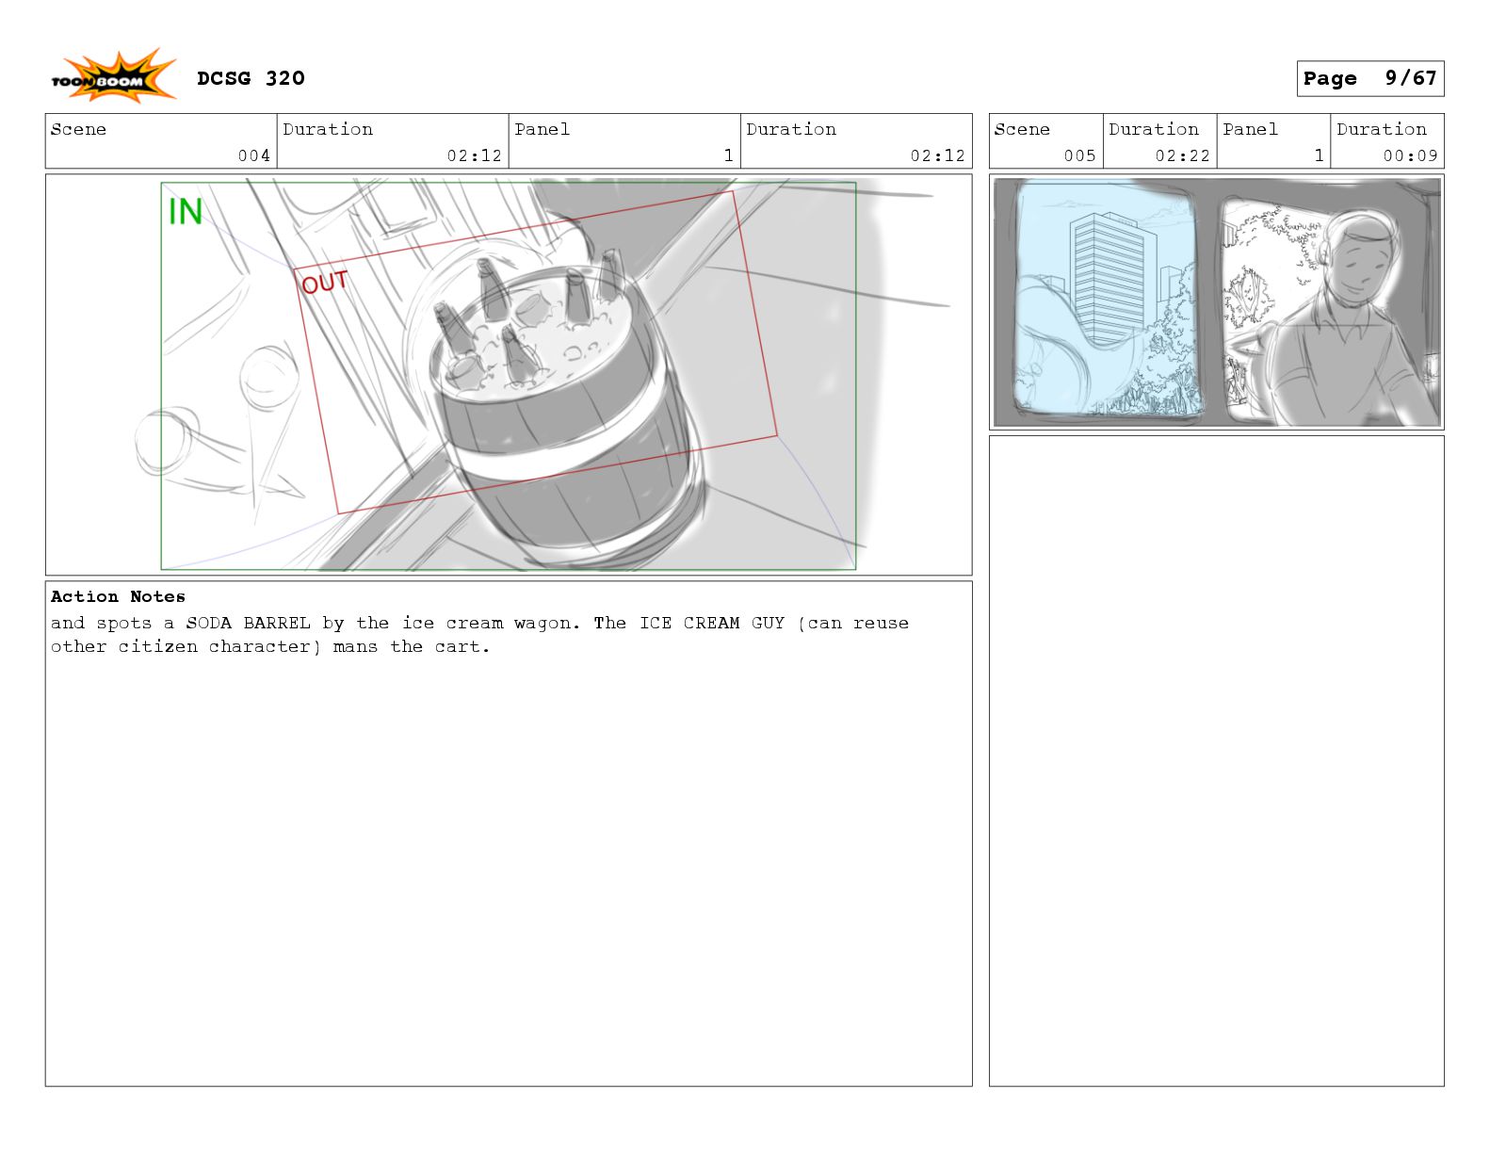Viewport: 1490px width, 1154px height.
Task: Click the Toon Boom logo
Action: pyautogui.click(x=113, y=76)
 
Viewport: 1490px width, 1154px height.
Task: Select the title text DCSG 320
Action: pyautogui.click(x=251, y=78)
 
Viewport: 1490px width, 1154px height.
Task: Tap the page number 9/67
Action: pyautogui.click(x=1410, y=78)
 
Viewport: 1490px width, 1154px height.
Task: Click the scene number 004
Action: pyautogui.click(x=253, y=155)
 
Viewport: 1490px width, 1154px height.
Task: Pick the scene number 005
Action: pyautogui.click(x=1079, y=155)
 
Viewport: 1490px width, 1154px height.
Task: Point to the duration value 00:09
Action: pyautogui.click(x=1410, y=155)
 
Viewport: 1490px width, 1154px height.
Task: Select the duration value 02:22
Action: pyautogui.click(x=1182, y=155)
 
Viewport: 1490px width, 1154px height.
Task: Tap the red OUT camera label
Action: pyautogui.click(x=324, y=282)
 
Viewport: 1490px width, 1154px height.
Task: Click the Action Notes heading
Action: pyautogui.click(x=118, y=596)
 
